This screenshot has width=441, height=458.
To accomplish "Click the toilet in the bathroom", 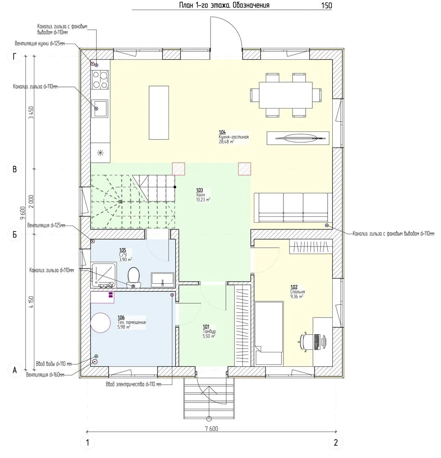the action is (134, 277).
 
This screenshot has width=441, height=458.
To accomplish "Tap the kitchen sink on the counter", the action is (100, 109).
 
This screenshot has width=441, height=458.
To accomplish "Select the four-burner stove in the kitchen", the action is (100, 80).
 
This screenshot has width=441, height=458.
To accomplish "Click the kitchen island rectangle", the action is (159, 113).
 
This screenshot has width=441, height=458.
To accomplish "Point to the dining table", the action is (285, 95).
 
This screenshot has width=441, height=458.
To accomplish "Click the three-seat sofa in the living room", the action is (293, 208).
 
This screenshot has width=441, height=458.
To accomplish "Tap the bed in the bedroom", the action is (269, 334).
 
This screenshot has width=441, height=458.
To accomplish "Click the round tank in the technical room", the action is (100, 323).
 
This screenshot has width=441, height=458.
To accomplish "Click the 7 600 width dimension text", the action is (211, 428).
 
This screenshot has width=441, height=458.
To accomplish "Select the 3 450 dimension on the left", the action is (31, 112).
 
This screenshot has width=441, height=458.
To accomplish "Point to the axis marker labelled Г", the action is (14, 56).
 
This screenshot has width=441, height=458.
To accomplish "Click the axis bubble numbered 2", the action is (336, 442).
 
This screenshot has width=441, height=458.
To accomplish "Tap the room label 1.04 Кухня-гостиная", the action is (234, 137).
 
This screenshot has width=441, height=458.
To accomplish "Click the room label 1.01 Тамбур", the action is (209, 332).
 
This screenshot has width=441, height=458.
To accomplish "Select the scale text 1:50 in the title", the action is (326, 6).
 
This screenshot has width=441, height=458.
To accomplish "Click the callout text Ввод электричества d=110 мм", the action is (133, 384).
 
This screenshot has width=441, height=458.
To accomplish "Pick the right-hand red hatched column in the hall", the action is (244, 169).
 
